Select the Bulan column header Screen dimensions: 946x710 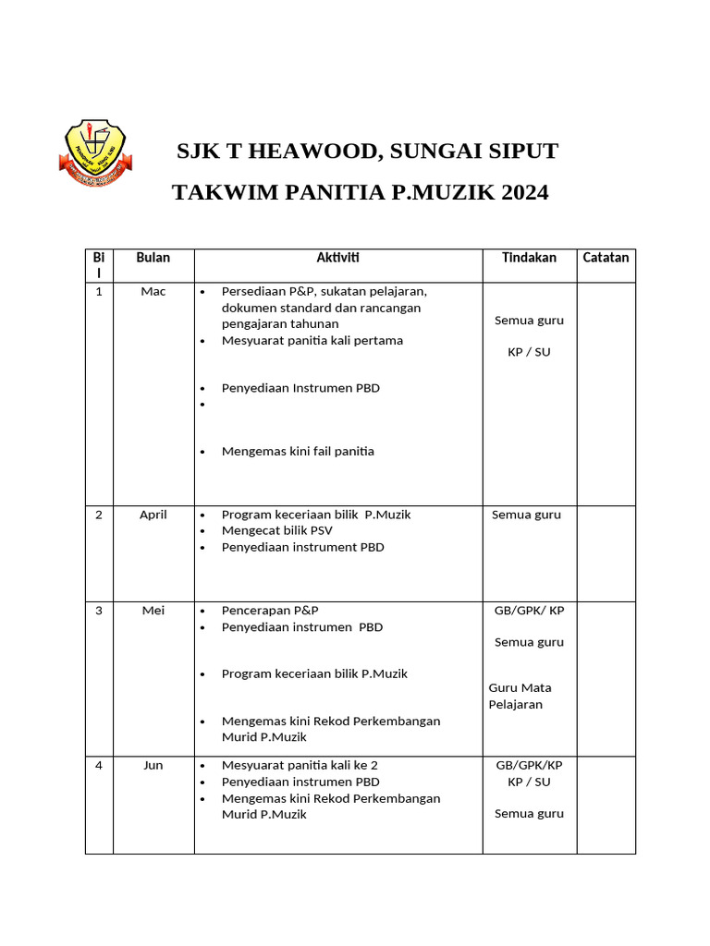153,258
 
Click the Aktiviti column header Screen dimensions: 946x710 338,258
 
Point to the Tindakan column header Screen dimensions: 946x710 529,258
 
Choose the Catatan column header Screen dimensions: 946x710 606,258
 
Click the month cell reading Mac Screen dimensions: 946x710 153,292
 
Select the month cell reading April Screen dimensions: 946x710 153,515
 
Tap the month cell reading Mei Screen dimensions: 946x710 153,611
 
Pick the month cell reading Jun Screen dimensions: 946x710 153,766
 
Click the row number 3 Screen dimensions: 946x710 99,611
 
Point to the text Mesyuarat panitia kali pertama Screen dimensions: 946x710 312,341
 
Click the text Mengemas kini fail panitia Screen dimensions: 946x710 298,452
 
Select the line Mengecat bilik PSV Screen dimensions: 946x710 277,531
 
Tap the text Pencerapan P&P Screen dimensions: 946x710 270,611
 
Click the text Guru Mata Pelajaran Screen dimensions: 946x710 520,696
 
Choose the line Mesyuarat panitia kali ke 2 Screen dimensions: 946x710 300,766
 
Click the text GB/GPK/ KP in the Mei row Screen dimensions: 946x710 530,611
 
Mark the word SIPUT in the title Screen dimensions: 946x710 522,152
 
